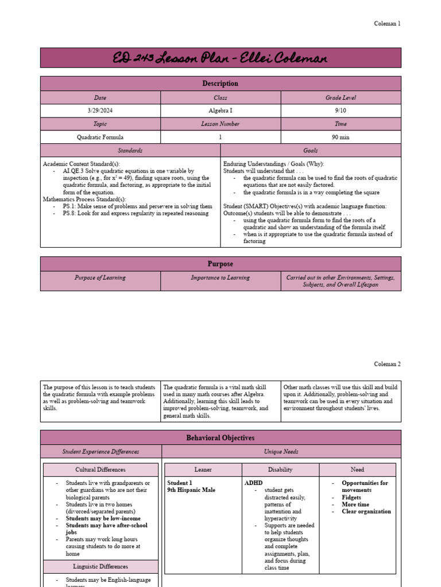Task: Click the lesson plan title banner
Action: tap(220, 58)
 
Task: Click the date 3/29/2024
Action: tap(100, 111)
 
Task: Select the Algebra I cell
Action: tap(220, 111)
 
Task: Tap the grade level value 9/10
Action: tap(341, 111)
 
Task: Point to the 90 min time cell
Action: tap(341, 138)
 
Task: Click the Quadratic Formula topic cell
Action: tap(100, 138)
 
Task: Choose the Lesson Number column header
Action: tap(220, 124)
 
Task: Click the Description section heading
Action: tap(220, 84)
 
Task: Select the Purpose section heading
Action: tap(220, 264)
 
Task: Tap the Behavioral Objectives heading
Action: tap(220, 438)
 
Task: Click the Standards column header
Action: tap(130, 150)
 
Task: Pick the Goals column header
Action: tap(311, 150)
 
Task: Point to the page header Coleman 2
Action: tap(387, 364)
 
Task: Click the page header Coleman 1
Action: tap(387, 24)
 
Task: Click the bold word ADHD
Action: tap(253, 483)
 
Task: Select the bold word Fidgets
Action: tap(351, 498)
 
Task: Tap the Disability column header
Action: tap(280, 469)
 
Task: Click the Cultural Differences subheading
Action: tap(101, 469)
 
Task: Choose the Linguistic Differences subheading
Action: tap(101, 566)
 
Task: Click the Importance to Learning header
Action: tap(220, 278)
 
